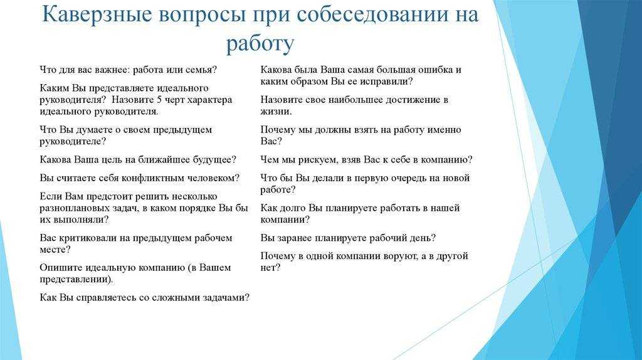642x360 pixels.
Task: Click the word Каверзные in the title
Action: coord(97,14)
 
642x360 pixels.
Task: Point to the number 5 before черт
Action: coord(160,100)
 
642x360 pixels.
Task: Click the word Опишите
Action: coord(61,268)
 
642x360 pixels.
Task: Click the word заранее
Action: coord(298,238)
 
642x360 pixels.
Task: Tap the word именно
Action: coord(445,130)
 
